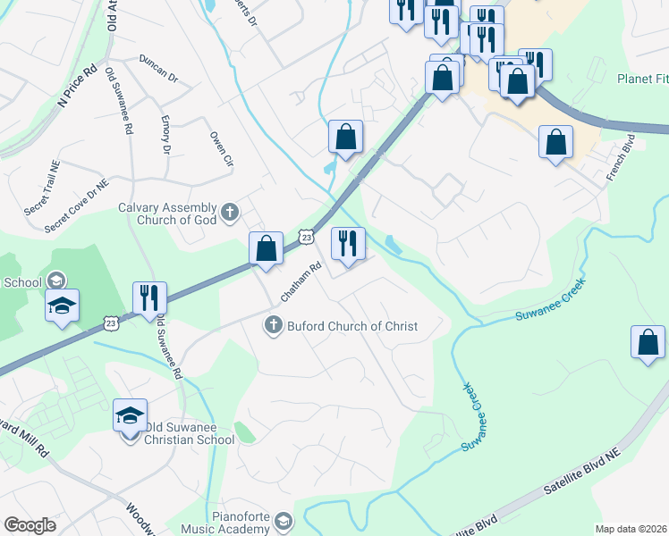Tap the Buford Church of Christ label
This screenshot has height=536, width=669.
pyautogui.click(x=351, y=326)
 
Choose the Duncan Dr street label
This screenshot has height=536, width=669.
pyautogui.click(x=158, y=69)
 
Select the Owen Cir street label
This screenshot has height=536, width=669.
pyautogui.click(x=221, y=148)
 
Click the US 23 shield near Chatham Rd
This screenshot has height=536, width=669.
pyautogui.click(x=306, y=237)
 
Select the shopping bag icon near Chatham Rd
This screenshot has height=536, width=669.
pyautogui.click(x=266, y=248)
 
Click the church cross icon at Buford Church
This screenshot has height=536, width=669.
pyautogui.click(x=275, y=326)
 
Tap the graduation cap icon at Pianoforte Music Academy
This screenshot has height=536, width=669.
pyautogui.click(x=283, y=522)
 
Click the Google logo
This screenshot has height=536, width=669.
pyautogui.click(x=30, y=525)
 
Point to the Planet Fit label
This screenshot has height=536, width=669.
pyautogui.click(x=642, y=79)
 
